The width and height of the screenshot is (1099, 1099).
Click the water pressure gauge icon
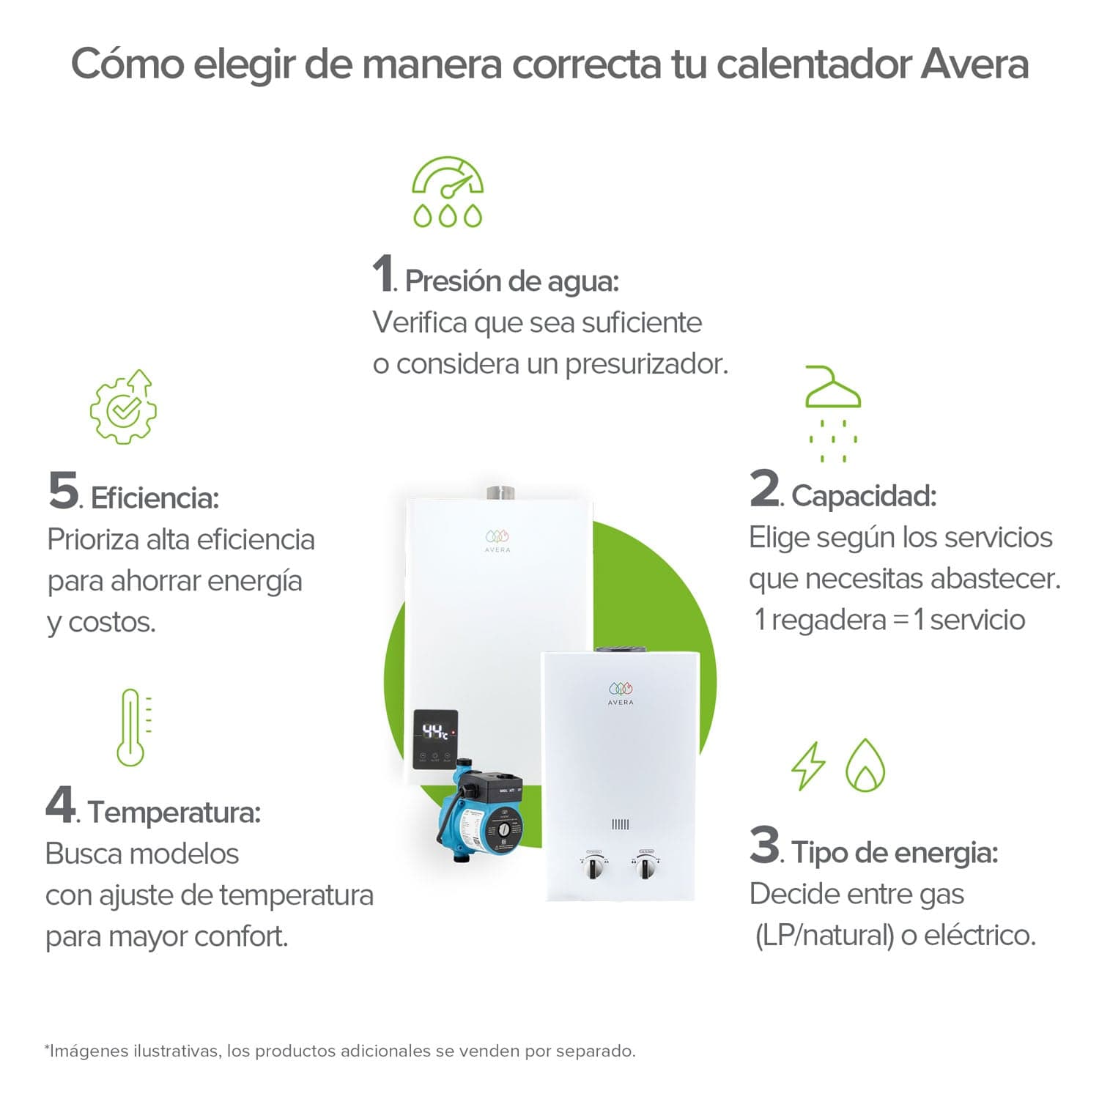[448, 191]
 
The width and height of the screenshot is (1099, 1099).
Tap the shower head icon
[833, 413]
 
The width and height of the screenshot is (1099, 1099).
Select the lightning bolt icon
[808, 766]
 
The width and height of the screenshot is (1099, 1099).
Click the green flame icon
[865, 765]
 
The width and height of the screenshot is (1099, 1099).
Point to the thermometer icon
[131, 728]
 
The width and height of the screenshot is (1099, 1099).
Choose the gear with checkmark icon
[123, 407]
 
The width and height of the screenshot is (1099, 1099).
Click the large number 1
[382, 274]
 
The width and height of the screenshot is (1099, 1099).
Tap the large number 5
[63, 490]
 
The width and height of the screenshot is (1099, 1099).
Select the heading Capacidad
[864, 496]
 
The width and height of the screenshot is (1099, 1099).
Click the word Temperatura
[174, 813]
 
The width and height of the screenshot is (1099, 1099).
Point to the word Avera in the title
[974, 64]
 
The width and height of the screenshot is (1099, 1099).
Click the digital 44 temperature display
[435, 731]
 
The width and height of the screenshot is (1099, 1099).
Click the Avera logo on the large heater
[497, 541]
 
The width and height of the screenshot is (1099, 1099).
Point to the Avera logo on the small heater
[621, 693]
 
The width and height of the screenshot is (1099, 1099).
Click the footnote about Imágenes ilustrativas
[340, 1051]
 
